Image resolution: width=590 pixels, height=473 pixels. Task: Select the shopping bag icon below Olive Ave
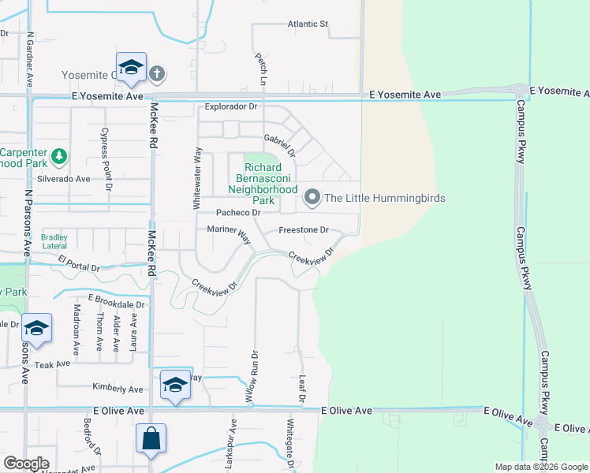click(x=151, y=438)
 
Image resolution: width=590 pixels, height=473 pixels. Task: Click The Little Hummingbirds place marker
click(x=312, y=198)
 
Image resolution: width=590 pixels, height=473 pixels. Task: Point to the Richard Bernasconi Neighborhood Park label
click(x=263, y=178)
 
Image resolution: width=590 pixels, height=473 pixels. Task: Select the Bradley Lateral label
click(x=54, y=241)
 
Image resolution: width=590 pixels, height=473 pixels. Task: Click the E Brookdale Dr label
click(x=117, y=302)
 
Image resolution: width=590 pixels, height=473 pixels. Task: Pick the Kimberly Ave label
click(x=118, y=389)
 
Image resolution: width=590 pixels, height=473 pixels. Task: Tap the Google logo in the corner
click(x=26, y=464)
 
